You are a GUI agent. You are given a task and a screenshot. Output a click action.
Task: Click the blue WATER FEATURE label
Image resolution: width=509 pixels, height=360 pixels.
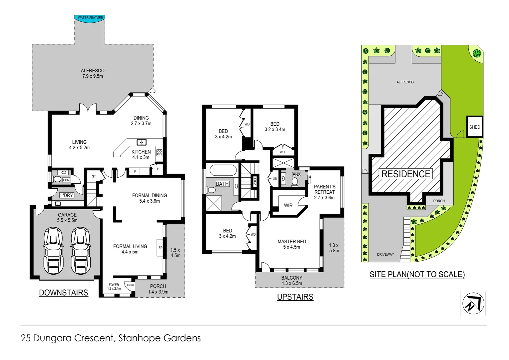pyautogui.click(x=90, y=18)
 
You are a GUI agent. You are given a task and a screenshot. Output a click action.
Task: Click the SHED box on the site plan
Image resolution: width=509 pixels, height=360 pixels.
pyautogui.click(x=474, y=127)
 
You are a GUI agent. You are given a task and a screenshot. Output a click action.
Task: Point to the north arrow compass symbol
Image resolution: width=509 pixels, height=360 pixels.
pyautogui.click(x=473, y=303)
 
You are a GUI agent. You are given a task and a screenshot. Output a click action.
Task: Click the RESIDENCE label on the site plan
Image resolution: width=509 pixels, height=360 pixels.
pyautogui.click(x=405, y=174)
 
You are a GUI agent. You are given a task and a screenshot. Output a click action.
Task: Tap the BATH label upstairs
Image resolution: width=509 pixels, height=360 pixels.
pyautogui.click(x=222, y=184)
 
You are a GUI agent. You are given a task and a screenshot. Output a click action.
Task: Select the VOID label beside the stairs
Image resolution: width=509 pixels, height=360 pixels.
pyautogui.click(x=255, y=182)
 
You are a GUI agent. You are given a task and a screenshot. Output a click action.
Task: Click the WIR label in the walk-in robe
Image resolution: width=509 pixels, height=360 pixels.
pyautogui.click(x=288, y=206)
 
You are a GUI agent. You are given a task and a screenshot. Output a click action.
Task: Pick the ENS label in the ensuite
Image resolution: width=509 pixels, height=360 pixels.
pyautogui.click(x=296, y=175)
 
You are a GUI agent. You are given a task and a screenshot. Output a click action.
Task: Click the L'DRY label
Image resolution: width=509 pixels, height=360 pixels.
pyautogui.click(x=66, y=195)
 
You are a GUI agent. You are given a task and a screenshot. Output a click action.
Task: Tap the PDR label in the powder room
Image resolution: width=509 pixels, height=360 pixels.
pyautogui.click(x=66, y=180)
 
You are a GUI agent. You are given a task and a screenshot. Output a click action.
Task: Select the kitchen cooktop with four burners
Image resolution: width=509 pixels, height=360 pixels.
pyautogui.click(x=159, y=153)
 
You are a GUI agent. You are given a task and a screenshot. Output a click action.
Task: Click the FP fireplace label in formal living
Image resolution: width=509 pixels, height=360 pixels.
pyautogui.click(x=160, y=248)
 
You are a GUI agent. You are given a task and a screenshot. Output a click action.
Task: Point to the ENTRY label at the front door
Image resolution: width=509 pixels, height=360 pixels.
pyautogui.click(x=131, y=285)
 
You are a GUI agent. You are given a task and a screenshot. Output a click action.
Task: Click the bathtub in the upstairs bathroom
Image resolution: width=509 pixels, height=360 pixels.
pyautogui.click(x=223, y=170)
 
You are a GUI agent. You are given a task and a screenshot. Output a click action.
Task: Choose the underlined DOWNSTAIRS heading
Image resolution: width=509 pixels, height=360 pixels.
pyautogui.click(x=63, y=293)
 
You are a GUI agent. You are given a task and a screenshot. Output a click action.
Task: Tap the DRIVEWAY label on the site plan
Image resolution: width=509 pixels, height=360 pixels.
pyautogui.click(x=385, y=254)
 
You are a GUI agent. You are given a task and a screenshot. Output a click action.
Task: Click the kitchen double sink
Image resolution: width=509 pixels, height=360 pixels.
pyautogui.click(x=142, y=142)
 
